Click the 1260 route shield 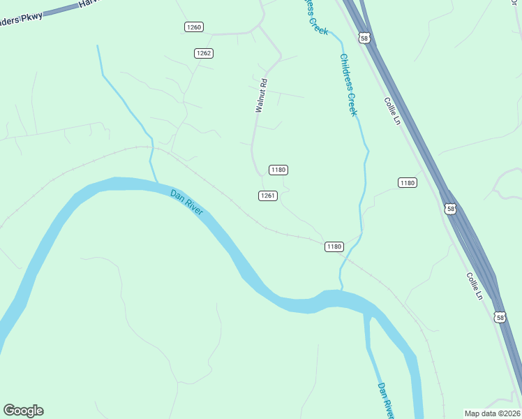194,27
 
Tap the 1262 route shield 204,53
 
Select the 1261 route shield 268,196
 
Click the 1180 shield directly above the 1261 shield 278,170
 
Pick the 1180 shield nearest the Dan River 334,247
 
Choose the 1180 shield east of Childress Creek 408,183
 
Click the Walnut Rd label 261,96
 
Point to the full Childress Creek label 348,84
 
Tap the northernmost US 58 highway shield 364,37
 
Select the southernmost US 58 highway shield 499,317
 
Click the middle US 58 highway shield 451,209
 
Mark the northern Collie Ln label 391,110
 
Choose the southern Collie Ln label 475,286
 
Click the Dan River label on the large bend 186,202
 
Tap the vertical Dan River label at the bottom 386,399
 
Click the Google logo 23,411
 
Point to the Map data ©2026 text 492,413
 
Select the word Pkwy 31,16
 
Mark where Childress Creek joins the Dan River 341,290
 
